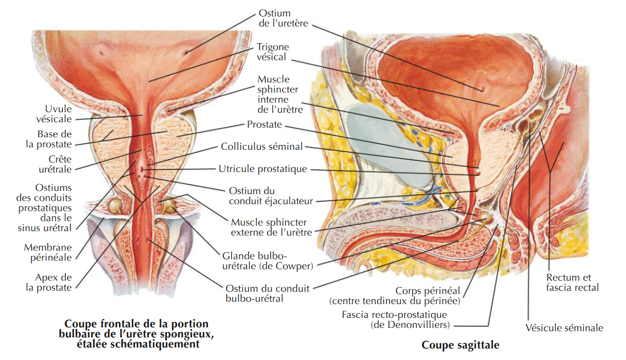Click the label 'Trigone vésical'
point(273,52)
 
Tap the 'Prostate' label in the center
point(264,124)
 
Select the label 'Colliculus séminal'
point(262,147)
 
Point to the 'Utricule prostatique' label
point(263,169)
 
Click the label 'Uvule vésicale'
point(54,114)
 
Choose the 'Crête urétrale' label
point(55,164)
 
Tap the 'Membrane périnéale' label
point(48,252)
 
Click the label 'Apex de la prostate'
point(49,282)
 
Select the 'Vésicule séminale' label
point(564,328)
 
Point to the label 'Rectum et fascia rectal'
point(572,282)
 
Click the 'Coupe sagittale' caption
point(460,345)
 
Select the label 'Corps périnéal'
point(427,290)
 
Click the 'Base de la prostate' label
point(49,139)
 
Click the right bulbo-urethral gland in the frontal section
point(169,204)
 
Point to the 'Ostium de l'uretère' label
point(283,18)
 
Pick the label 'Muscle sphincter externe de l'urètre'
point(272,227)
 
